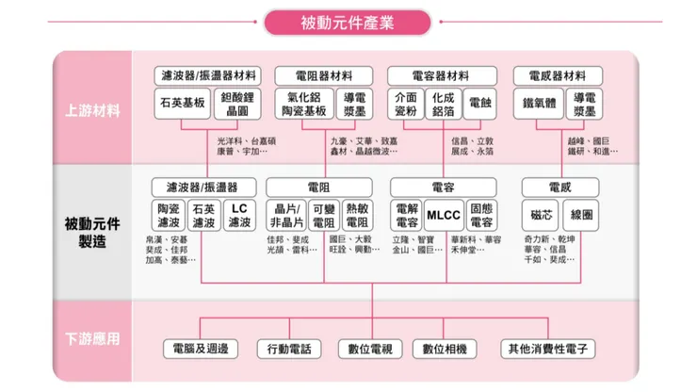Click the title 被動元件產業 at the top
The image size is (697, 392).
tap(348, 21)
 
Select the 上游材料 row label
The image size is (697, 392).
tap(92, 111)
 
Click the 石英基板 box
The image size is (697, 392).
tap(183, 103)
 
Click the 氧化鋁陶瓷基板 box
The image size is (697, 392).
tap(303, 104)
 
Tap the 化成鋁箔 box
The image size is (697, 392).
tap(443, 104)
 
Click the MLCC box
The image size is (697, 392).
tap(443, 216)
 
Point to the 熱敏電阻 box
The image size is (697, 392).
tap(358, 216)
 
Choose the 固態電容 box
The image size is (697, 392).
tap(482, 216)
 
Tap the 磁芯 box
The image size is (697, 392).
tap(543, 216)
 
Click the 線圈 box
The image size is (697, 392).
tap(582, 216)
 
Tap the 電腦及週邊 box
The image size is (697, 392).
tap(203, 348)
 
